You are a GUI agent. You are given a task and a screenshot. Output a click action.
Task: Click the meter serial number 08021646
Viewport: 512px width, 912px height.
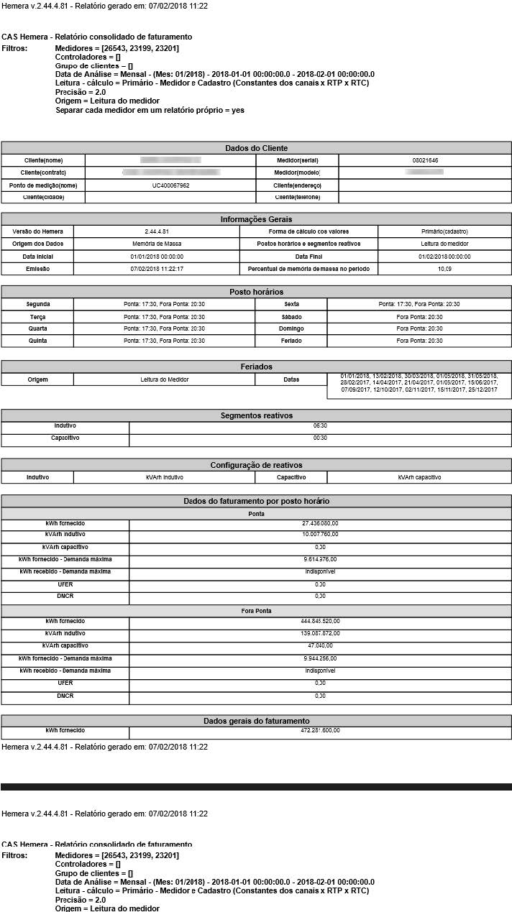pos(425,160)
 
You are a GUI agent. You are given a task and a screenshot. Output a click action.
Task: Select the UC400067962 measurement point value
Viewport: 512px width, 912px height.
pos(170,185)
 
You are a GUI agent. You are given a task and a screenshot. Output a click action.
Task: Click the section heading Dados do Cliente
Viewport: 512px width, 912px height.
pos(256,148)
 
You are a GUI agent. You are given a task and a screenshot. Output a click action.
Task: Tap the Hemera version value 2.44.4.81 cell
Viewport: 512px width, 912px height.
pos(156,231)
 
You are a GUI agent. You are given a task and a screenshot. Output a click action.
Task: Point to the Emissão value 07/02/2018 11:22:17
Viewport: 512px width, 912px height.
pos(157,269)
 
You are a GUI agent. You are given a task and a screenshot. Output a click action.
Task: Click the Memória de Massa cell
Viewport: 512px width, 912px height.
pos(157,244)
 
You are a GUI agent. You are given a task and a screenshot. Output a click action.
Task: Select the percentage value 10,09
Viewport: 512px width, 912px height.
pos(444,269)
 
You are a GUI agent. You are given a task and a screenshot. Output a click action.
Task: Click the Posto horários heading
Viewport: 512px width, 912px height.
pos(256,292)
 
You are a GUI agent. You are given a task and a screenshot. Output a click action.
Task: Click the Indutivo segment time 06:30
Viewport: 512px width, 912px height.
pos(320,425)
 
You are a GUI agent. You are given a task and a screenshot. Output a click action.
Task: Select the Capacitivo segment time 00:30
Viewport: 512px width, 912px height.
pos(320,438)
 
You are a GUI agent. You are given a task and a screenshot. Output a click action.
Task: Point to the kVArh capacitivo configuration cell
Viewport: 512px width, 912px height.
pos(419,477)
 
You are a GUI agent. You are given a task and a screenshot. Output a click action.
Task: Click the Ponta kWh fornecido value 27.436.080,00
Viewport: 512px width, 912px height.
pos(320,523)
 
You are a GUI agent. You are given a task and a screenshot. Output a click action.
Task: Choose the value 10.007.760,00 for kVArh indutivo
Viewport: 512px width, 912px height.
pos(320,535)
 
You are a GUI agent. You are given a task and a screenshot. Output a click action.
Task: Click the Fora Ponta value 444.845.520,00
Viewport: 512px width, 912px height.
pos(320,621)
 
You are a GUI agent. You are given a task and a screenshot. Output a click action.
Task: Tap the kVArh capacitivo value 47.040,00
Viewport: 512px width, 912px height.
pos(320,646)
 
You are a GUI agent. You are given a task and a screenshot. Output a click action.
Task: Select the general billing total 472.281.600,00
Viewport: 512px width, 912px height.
pos(320,731)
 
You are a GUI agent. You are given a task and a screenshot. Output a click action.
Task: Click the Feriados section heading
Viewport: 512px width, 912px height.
pos(256,367)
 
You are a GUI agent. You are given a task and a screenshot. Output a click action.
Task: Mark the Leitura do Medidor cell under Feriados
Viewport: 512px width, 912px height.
pos(163,379)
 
